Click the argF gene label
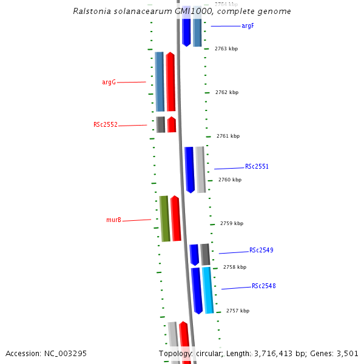click(x=248, y=26)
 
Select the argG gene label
click(x=109, y=82)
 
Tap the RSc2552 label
click(x=106, y=125)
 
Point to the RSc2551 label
click(x=257, y=166)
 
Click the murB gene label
click(x=113, y=220)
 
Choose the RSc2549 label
click(x=261, y=250)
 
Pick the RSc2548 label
click(x=264, y=286)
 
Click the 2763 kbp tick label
click(x=226, y=49)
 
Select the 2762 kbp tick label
click(x=227, y=92)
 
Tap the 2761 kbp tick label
click(x=228, y=136)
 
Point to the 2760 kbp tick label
click(x=230, y=180)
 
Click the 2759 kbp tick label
click(x=232, y=223)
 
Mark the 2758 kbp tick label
click(x=235, y=267)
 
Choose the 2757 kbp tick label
click(x=238, y=311)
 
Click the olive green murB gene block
click(x=164, y=218)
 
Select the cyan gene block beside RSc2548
click(x=207, y=290)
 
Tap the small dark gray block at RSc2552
click(x=161, y=124)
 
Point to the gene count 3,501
click(x=346, y=353)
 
